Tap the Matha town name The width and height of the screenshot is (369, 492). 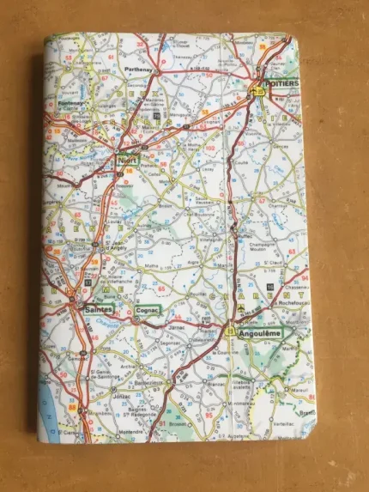pyautogui.click(x=154, y=265)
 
